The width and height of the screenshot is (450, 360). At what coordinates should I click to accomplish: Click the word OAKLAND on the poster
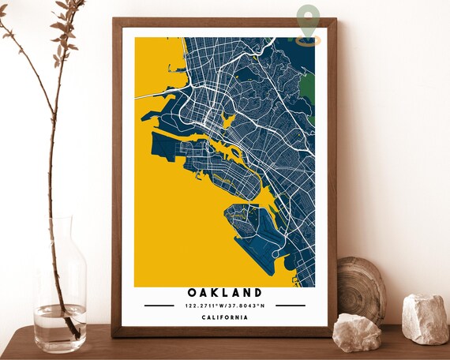tap(224, 293)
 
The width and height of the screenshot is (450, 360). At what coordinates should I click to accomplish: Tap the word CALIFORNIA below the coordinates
tap(224, 317)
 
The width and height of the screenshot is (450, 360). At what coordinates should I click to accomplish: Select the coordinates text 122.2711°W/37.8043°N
tap(224, 306)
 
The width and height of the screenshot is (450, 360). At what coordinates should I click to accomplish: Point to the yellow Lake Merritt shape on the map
tap(228, 121)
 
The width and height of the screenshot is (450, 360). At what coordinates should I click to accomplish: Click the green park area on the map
tap(307, 85)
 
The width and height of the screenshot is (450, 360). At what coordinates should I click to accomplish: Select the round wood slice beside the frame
tap(361, 287)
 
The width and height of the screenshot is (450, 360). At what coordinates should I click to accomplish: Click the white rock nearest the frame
tap(356, 332)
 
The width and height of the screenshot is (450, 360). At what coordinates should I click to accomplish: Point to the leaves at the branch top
tap(67, 24)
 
